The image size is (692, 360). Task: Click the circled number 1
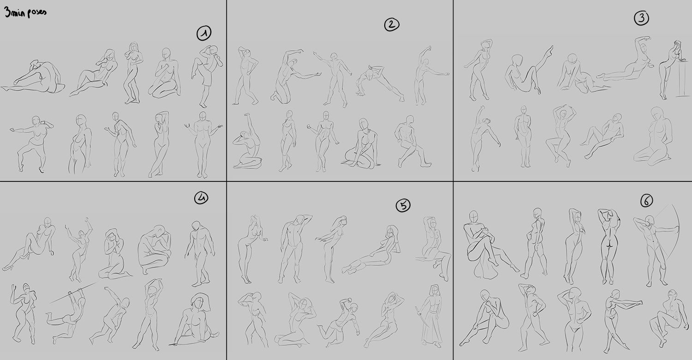tap(204, 33)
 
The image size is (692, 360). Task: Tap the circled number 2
tap(392, 24)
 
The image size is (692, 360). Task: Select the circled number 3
tap(641, 18)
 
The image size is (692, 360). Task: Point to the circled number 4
tap(201, 198)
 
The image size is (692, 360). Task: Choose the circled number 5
tap(403, 205)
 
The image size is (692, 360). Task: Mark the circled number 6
tap(647, 201)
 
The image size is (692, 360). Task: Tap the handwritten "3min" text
tap(14, 12)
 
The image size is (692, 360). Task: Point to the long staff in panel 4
tap(74, 292)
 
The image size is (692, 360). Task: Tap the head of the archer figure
tap(650, 220)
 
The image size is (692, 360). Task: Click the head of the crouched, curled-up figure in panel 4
tap(160, 230)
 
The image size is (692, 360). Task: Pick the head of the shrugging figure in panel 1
tap(203, 116)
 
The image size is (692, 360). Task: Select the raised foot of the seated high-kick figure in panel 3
tap(550, 49)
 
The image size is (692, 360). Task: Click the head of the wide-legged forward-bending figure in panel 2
tap(370, 74)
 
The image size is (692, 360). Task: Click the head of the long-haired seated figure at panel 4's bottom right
tap(199, 302)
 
